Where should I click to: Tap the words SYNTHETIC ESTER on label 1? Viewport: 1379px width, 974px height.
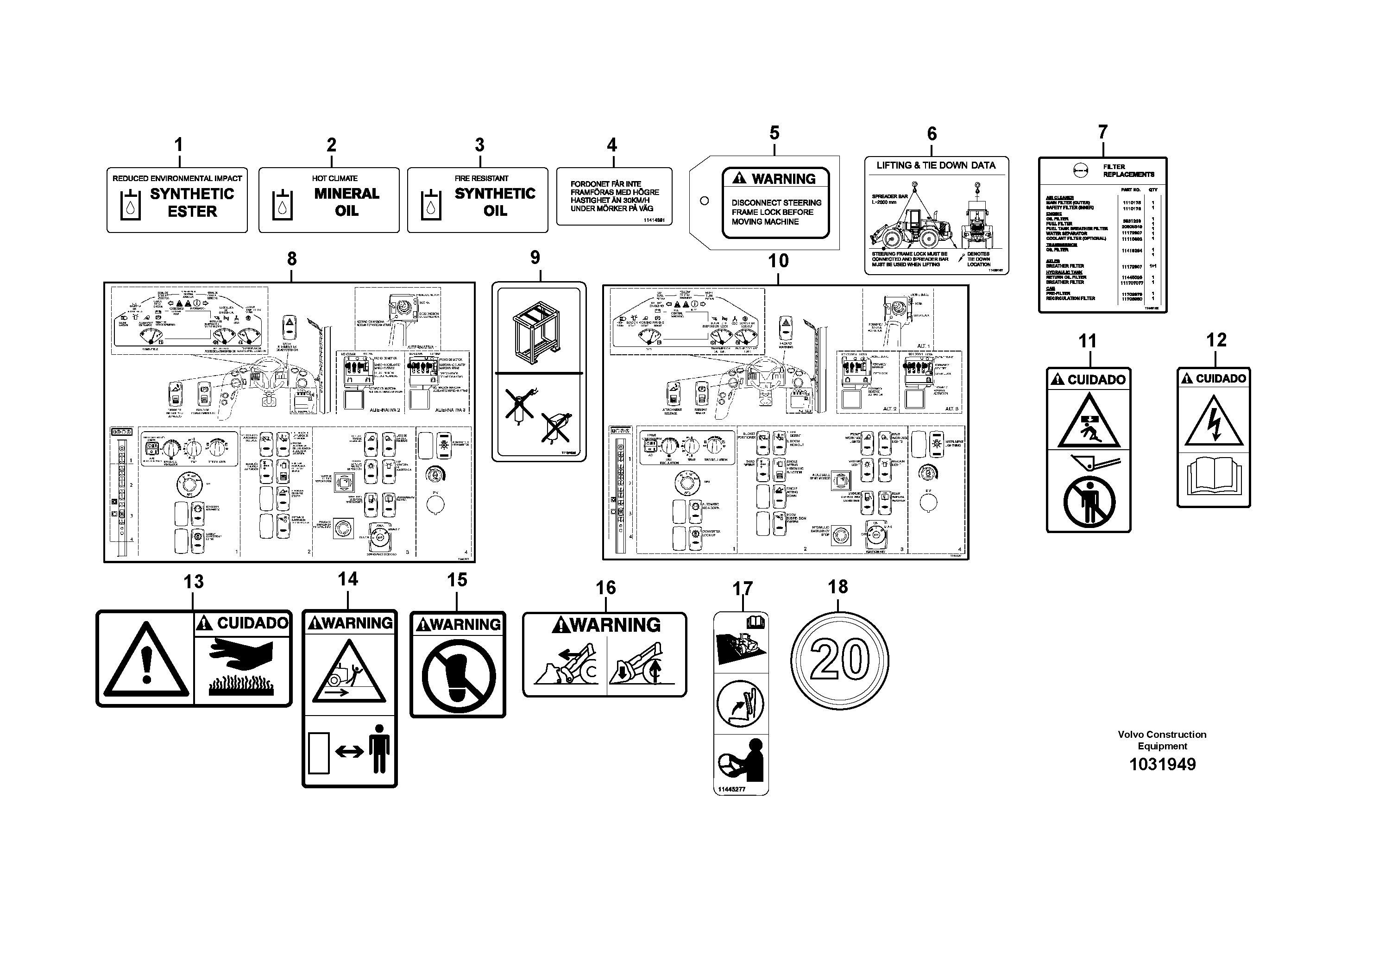pos(192,202)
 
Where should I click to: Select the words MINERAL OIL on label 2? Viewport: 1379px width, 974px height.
pos(346,202)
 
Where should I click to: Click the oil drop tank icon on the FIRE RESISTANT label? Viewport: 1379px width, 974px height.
pos(430,205)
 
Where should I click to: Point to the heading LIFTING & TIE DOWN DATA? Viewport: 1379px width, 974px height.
pos(936,165)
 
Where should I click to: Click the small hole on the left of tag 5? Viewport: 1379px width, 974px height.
pos(705,201)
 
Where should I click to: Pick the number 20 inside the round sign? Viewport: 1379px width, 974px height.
pos(840,660)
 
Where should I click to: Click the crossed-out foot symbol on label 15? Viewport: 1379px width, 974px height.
pos(458,674)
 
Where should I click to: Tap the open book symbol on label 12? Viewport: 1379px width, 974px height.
pos(1213,477)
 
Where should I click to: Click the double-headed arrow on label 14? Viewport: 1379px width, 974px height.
pos(350,751)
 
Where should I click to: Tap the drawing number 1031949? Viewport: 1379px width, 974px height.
pos(1162,765)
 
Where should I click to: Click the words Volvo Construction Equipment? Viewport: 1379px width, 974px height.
pos(1162,740)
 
